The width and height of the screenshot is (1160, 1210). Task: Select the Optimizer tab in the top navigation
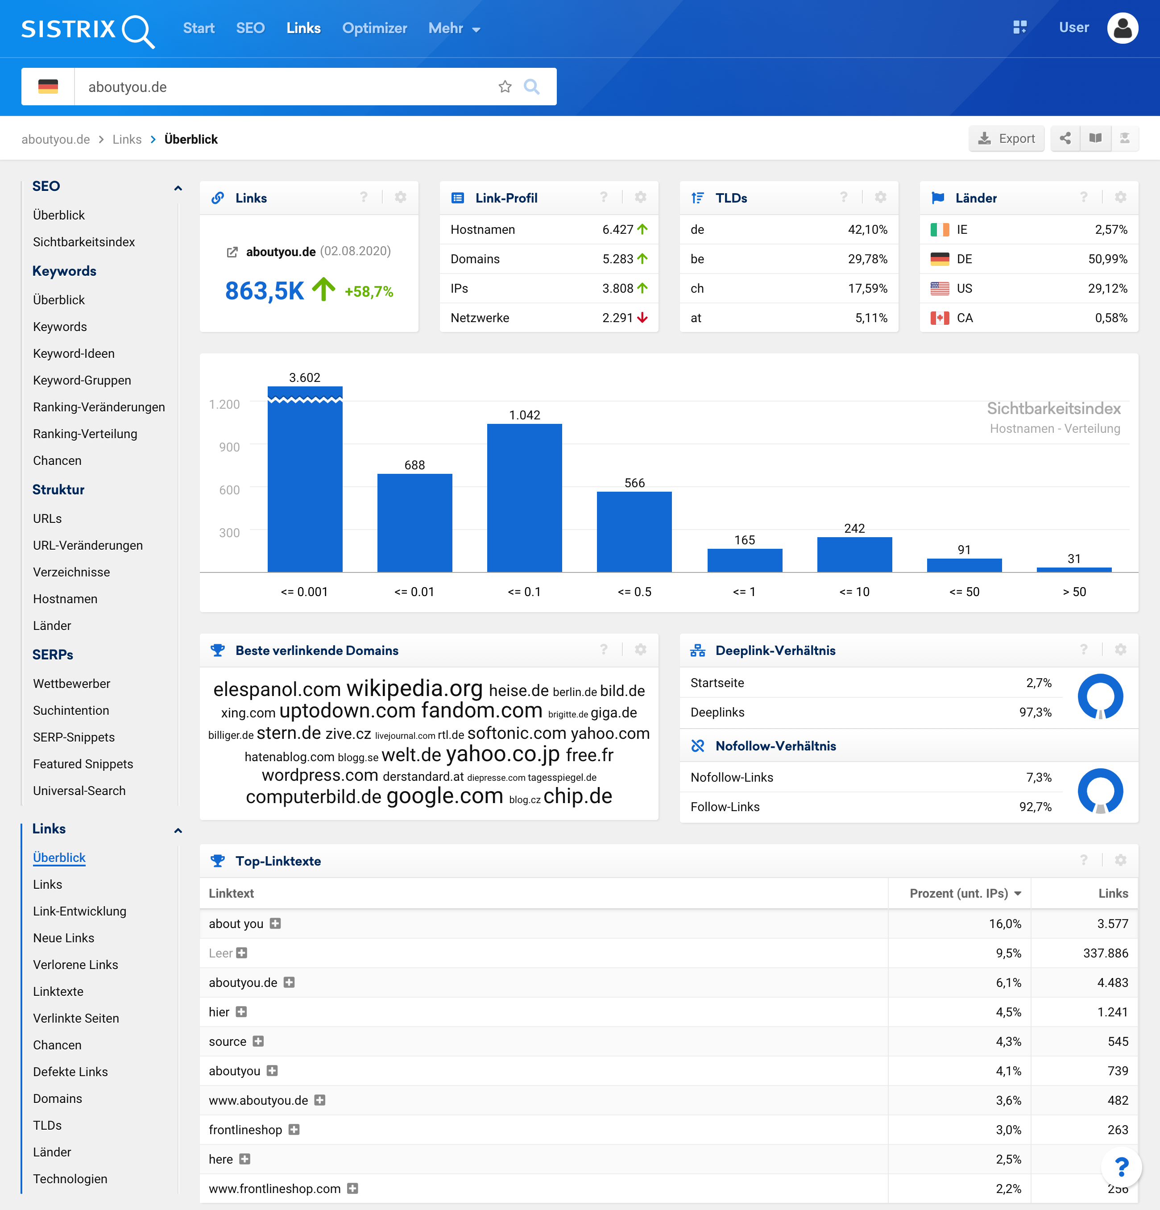[374, 29]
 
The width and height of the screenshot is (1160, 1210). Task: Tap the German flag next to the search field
[48, 87]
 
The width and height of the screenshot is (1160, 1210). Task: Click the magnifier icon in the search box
[531, 87]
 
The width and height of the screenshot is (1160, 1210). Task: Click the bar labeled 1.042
[524, 497]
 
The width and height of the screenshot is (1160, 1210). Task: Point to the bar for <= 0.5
[634, 531]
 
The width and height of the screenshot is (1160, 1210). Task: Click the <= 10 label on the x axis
[854, 592]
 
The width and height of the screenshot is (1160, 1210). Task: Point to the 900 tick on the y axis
[229, 447]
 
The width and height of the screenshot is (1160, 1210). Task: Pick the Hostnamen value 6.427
[617, 230]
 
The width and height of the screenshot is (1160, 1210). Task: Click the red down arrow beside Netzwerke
[642, 318]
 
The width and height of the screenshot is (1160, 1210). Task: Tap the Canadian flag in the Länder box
[940, 318]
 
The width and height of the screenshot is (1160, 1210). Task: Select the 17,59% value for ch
[867, 288]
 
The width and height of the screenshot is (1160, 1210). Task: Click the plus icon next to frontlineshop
[294, 1130]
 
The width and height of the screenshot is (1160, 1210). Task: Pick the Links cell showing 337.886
[1105, 953]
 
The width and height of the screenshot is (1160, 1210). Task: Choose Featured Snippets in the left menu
[83, 764]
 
